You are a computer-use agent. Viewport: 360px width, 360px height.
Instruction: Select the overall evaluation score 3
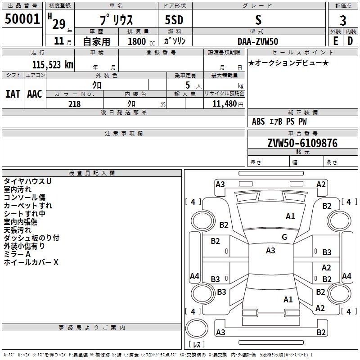coord(343,20)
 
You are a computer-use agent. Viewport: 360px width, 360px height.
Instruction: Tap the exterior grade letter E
coord(335,41)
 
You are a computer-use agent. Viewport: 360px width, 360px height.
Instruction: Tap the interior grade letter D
coord(350,41)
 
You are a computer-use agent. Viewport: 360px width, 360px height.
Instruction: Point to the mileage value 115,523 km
coord(53,65)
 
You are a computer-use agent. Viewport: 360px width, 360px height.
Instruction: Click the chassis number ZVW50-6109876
coord(302,143)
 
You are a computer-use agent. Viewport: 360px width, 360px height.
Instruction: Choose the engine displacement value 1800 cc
coord(137,41)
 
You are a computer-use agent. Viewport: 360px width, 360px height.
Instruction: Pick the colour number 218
coord(74,104)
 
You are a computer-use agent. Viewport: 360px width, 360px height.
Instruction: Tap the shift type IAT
coord(13,94)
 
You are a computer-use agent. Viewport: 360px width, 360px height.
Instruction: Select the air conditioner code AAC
coord(34,94)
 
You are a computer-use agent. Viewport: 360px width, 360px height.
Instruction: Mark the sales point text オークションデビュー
coord(288,63)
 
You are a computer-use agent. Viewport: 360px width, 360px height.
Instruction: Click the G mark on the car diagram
coord(284,237)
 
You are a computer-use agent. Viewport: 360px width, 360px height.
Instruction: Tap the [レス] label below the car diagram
coord(197,345)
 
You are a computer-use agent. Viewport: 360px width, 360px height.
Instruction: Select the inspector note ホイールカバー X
coord(31,262)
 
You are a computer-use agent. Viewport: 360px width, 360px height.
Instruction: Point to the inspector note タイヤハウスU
coord(27,181)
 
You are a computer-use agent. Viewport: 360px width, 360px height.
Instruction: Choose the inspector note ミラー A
coord(17,254)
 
